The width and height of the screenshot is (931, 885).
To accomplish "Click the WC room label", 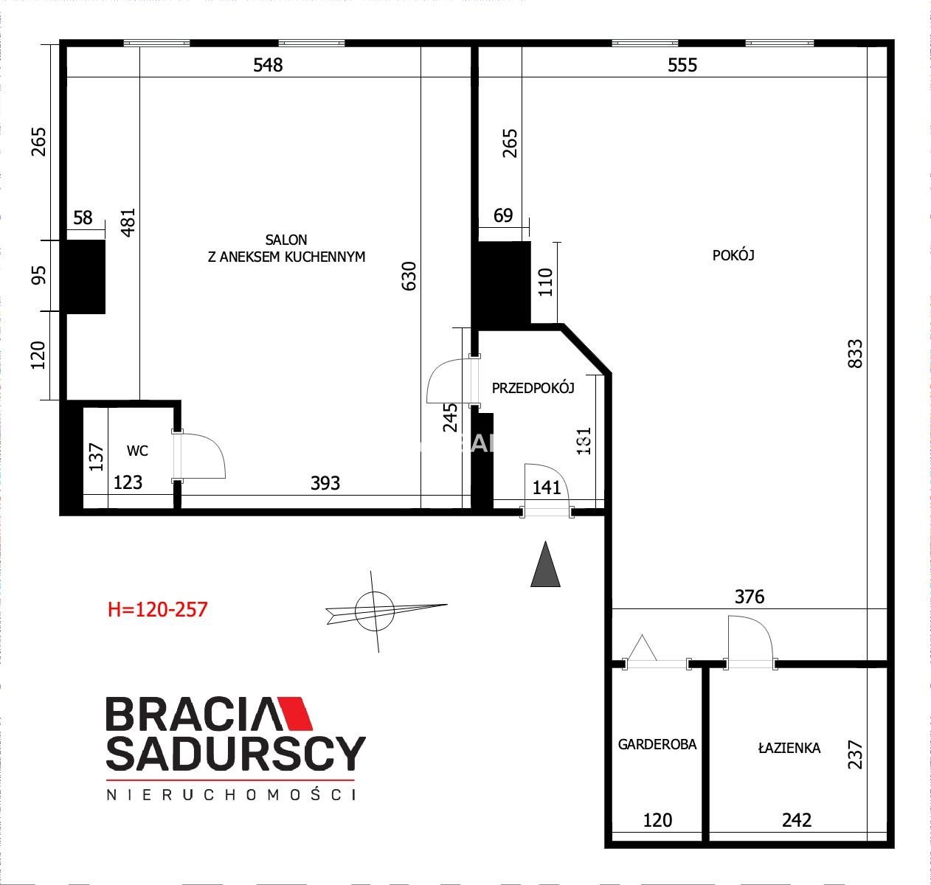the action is (x=137, y=451).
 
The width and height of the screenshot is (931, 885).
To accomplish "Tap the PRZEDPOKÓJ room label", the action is (x=533, y=388).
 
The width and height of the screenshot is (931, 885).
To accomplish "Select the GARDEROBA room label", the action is (x=657, y=744).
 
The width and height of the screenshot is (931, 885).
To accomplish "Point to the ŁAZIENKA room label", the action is (x=789, y=747).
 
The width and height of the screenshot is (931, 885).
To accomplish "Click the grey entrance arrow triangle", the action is (x=545, y=564).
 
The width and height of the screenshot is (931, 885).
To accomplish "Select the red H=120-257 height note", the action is (x=158, y=609).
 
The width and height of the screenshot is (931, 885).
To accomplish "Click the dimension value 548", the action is (x=268, y=65).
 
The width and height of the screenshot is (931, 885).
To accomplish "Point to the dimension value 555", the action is (x=682, y=65).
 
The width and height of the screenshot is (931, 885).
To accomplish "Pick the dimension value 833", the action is (x=855, y=354).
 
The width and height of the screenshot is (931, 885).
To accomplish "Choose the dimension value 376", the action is (x=750, y=597).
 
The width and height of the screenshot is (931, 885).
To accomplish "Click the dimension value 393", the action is (x=325, y=483).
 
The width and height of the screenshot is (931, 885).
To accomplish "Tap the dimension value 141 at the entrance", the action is (x=547, y=487).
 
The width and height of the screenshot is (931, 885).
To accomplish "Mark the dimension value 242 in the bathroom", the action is (x=797, y=820).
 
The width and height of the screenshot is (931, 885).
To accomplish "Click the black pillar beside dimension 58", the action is (x=86, y=277).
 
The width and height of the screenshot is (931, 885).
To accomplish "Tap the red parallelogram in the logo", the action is (x=294, y=712).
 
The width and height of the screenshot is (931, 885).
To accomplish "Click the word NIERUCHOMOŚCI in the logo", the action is (x=231, y=794).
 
